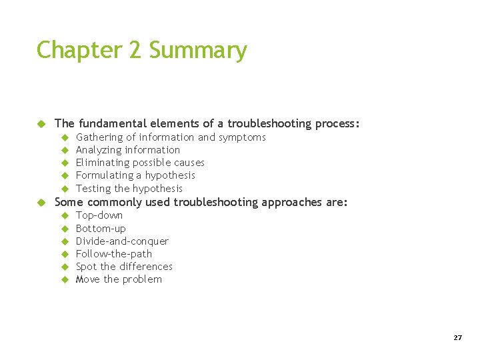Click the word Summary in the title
point(198,51)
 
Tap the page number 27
point(457,338)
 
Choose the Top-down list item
point(99,215)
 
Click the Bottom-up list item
point(101,229)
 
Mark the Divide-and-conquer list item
point(122,241)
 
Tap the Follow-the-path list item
point(114,254)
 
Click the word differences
point(146,267)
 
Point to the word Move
point(88,279)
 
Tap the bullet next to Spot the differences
point(65,267)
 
